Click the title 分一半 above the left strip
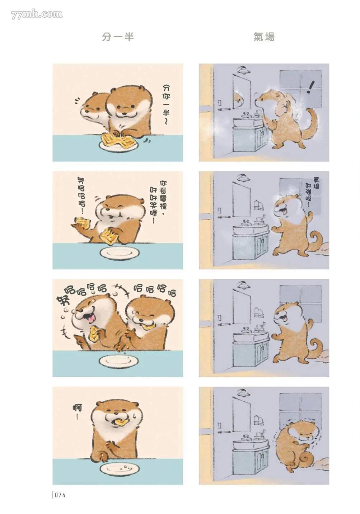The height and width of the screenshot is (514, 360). pos(118,37)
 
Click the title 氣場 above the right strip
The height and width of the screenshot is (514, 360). pos(264,37)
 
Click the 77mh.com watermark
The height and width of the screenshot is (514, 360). pos(37,14)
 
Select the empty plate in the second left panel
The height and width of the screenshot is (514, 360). pos(120,253)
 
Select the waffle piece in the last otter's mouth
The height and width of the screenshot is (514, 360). pos(121,422)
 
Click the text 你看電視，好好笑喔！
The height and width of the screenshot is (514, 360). pos(158,202)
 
